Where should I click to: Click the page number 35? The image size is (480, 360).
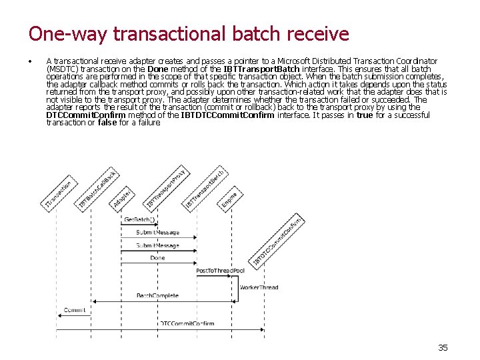[x=443, y=347]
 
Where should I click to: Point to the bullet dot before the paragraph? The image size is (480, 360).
[x=31, y=61]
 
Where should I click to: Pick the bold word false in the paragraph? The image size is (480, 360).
[x=107, y=122]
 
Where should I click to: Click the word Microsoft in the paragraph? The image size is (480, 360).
[x=297, y=61]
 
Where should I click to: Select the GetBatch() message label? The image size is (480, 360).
[x=139, y=219]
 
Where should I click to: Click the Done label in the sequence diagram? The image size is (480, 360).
[x=157, y=257]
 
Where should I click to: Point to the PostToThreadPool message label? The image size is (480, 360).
[x=220, y=270]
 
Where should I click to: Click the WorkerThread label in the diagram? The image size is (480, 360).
[x=259, y=287]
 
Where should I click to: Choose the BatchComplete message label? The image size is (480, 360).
[x=157, y=295]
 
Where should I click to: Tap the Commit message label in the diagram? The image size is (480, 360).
[x=75, y=310]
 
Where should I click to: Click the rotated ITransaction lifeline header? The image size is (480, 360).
[x=59, y=193]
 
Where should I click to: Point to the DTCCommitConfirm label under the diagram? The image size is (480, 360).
[x=187, y=323]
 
